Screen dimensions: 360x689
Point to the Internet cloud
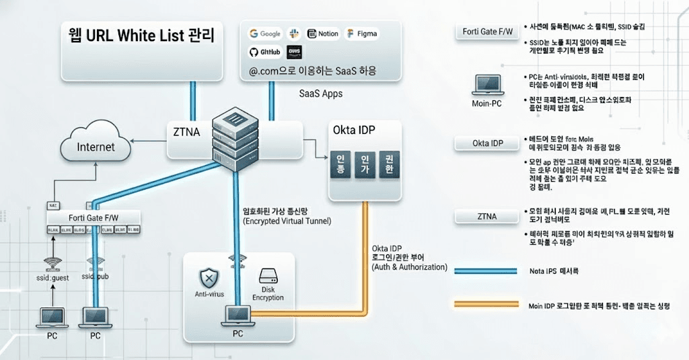96,145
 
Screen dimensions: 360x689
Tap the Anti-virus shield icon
209,278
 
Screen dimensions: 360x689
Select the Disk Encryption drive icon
268,277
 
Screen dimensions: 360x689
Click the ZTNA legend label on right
486,217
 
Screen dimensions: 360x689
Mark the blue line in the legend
486,271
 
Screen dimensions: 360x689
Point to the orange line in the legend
486,305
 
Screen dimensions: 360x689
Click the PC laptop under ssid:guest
51,316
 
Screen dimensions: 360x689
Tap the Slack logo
293,34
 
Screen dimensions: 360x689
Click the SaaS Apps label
320,94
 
